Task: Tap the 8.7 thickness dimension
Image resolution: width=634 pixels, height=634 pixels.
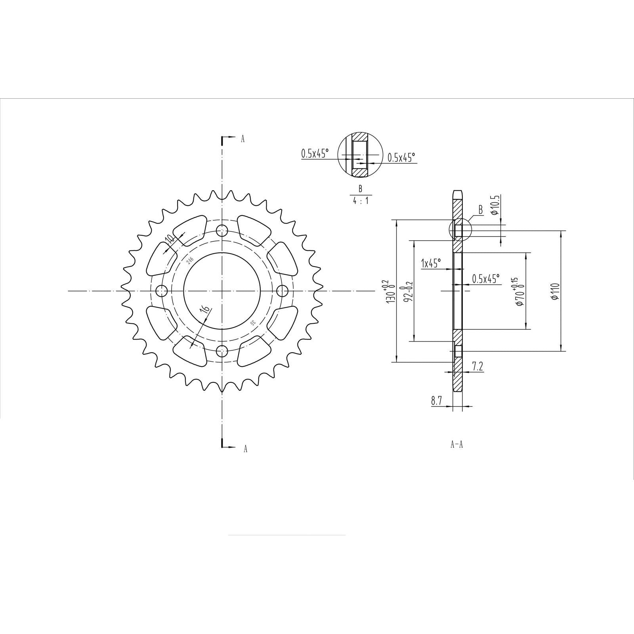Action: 436,401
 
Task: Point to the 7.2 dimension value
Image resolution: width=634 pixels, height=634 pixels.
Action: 478,367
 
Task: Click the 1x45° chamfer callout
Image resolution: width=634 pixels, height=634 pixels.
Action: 431,263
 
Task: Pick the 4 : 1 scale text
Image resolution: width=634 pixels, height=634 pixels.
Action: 361,201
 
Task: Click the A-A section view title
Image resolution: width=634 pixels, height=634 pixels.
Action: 456,445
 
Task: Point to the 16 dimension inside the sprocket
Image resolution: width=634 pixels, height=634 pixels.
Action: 205,309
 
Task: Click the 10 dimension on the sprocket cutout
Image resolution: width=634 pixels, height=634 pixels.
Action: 170,239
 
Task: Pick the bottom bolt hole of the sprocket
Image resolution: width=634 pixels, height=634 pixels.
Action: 223,351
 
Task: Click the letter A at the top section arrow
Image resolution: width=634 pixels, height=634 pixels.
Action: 243,139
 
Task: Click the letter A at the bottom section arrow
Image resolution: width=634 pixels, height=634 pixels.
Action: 245,449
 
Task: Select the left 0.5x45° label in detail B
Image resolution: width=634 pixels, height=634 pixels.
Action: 315,154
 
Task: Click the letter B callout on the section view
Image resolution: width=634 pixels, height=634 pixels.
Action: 481,210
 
